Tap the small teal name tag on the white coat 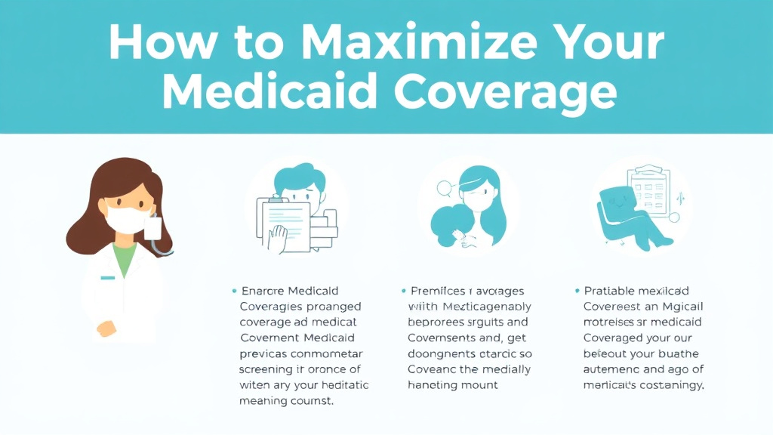(x=108, y=278)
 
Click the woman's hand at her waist (x=106, y=329)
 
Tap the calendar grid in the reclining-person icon (x=650, y=186)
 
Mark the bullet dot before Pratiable (x=577, y=291)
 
